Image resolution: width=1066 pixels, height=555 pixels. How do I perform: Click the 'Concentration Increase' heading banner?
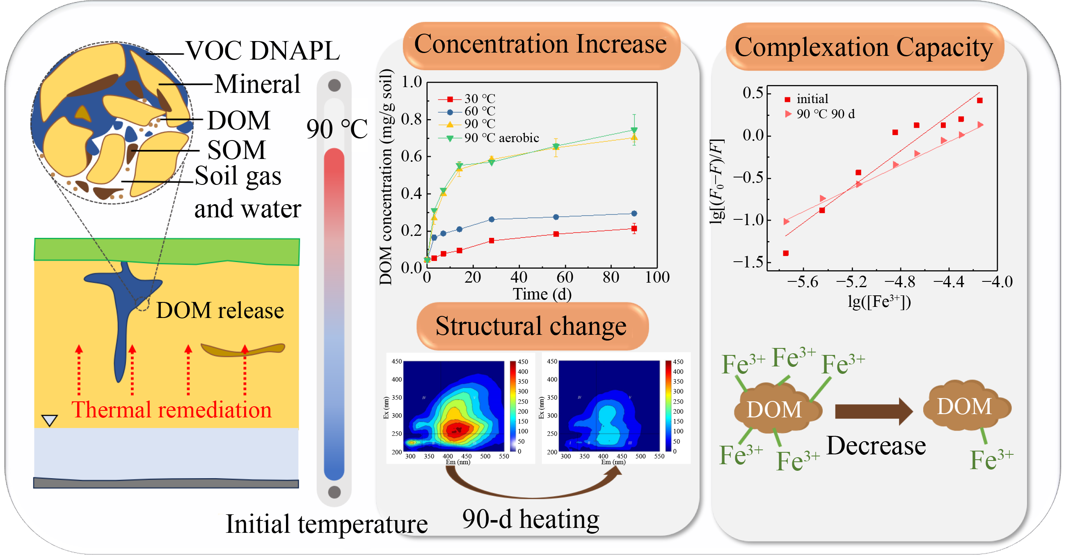point(540,45)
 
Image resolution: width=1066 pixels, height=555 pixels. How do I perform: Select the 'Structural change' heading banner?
point(531,326)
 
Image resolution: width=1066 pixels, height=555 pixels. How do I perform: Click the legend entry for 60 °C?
point(479,111)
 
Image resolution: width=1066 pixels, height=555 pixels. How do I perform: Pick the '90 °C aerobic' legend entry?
point(501,138)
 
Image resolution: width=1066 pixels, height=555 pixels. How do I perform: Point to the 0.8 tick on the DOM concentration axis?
point(411,119)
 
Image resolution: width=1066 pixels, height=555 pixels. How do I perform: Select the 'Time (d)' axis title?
point(542,295)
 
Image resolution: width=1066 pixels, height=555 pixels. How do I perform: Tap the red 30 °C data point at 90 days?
point(634,229)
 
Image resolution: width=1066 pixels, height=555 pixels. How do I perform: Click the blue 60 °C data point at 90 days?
point(634,214)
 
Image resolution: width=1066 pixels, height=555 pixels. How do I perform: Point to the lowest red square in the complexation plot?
point(786,253)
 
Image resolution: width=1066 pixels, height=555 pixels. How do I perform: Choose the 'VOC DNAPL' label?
point(262,51)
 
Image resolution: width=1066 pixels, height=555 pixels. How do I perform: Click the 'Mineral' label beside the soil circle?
point(257,85)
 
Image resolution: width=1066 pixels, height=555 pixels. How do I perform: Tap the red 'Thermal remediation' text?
point(172,410)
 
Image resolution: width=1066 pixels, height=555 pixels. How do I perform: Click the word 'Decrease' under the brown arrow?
point(876,446)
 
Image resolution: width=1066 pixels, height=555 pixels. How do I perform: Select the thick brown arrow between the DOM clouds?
point(873,412)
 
